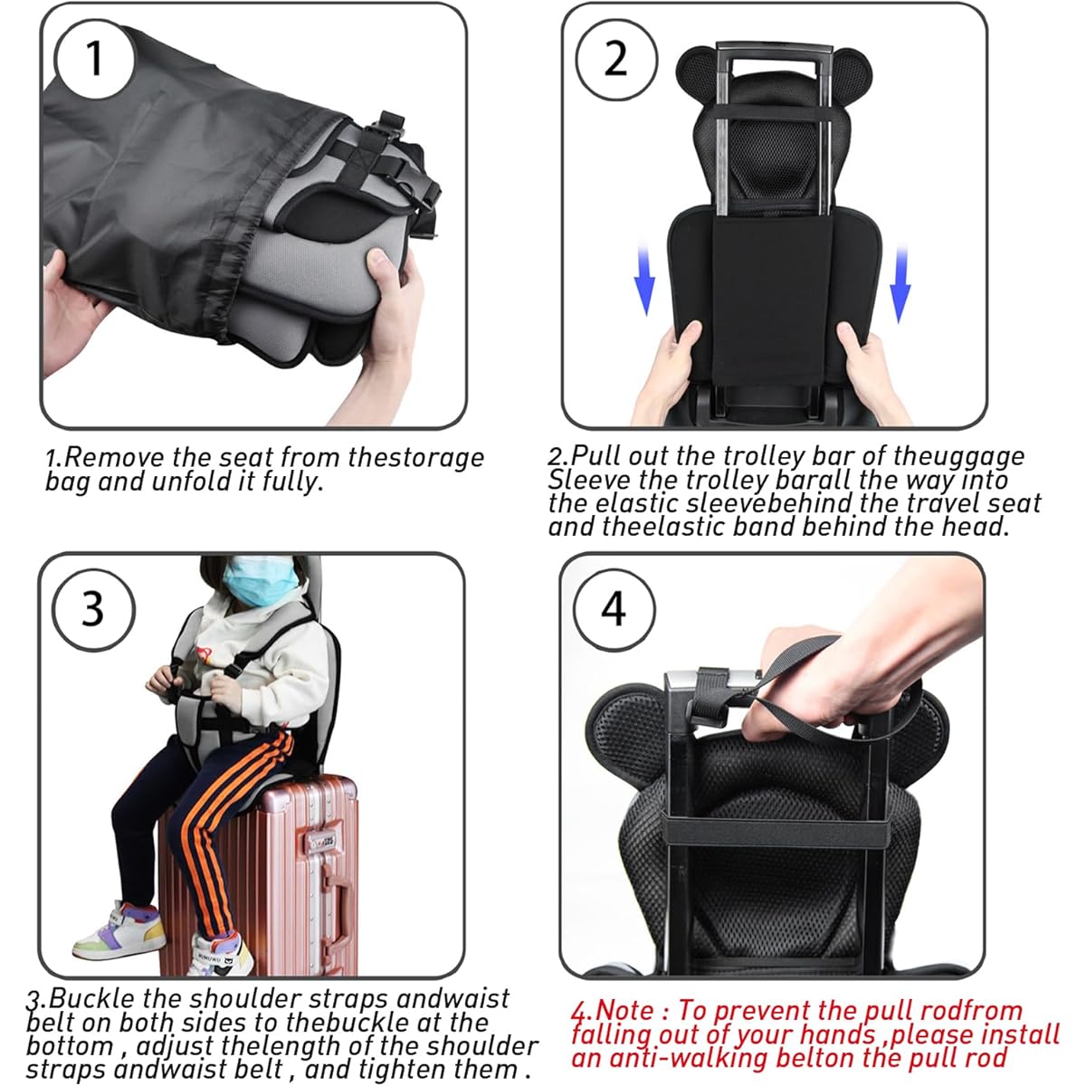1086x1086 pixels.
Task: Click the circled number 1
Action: click(x=94, y=59)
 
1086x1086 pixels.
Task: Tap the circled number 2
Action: click(x=616, y=59)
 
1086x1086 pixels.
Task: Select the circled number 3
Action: click(x=93, y=609)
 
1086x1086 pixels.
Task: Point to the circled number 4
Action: click(x=614, y=609)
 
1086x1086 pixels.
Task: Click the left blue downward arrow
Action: click(x=644, y=279)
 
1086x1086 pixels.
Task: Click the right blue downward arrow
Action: click(x=900, y=283)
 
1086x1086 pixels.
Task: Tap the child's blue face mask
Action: click(x=261, y=580)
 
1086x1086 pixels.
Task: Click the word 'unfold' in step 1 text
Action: click(x=204, y=481)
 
